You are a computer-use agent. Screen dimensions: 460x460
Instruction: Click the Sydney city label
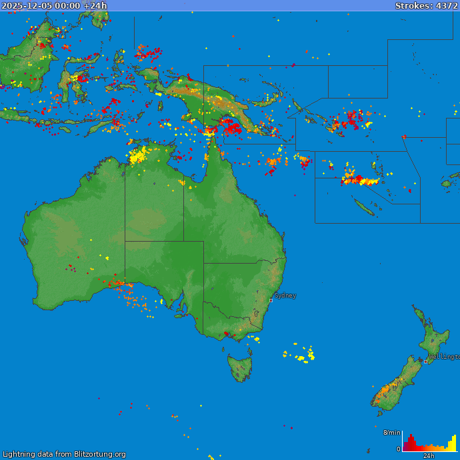click(285, 295)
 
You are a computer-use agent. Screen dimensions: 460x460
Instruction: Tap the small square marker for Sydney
click(271, 300)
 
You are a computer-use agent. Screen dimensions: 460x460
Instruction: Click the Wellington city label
click(444, 357)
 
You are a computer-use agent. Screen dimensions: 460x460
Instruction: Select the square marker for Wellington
click(425, 361)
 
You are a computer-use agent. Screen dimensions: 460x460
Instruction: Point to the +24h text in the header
click(95, 5)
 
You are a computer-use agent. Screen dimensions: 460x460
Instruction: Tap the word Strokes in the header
click(412, 5)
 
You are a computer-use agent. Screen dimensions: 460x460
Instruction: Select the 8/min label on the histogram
click(391, 433)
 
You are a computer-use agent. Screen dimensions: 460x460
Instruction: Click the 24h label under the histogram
click(429, 456)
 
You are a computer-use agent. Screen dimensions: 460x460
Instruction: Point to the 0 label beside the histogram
click(398, 449)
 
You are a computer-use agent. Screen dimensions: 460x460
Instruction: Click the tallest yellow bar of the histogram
click(455, 443)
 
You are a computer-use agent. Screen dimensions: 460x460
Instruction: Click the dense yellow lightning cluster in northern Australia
click(137, 156)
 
